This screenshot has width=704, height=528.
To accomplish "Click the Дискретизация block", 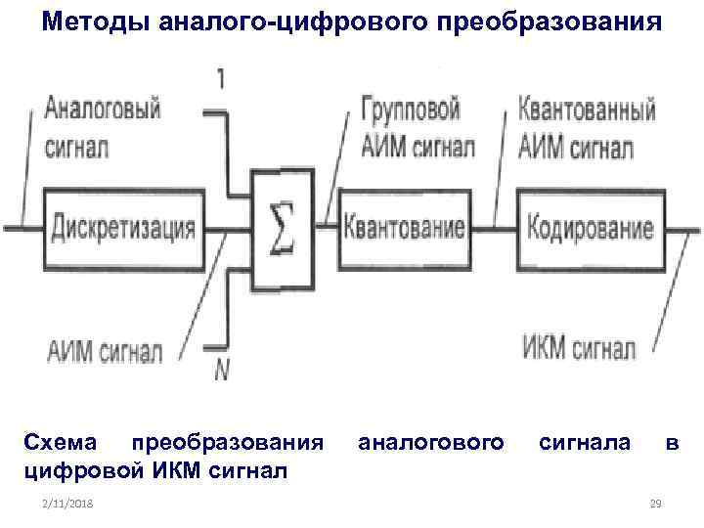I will tap(122, 230).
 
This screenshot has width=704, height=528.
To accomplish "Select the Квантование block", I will tap(404, 230).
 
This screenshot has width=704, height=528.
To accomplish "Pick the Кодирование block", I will tap(589, 230).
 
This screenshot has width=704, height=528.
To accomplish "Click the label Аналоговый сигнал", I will tap(103, 127).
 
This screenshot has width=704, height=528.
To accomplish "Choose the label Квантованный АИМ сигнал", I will tap(587, 127).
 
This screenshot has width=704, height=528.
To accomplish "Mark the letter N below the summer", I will tap(219, 370).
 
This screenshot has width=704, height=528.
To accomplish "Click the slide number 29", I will tap(656, 503).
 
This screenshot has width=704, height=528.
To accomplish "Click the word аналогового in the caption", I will tap(433, 445).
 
